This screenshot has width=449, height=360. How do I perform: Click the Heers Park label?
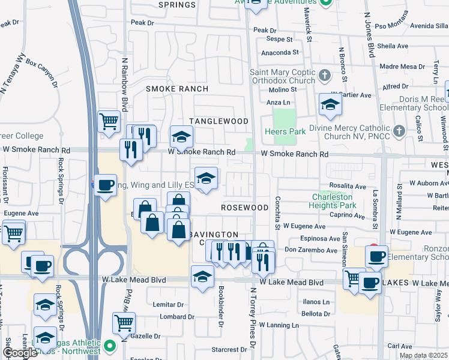(x=283, y=131)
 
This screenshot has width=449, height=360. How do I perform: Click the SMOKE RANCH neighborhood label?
(x=178, y=89)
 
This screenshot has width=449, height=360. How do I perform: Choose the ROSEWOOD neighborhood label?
(x=244, y=207)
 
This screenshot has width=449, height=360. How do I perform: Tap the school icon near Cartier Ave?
(x=330, y=105)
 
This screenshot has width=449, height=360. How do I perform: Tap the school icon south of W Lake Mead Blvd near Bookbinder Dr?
(x=202, y=276)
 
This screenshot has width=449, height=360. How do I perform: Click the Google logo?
(x=20, y=353)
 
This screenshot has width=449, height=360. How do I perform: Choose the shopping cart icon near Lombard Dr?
(x=124, y=322)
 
